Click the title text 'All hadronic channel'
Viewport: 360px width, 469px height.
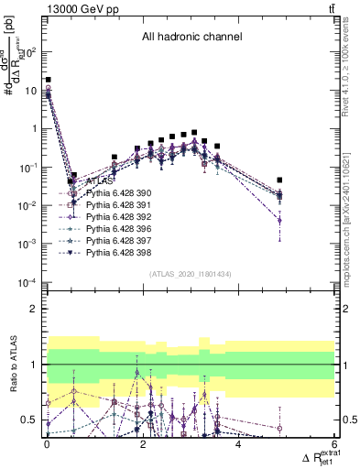pyautogui.click(x=191, y=38)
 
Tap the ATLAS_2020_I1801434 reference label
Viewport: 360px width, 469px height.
pyautogui.click(x=191, y=274)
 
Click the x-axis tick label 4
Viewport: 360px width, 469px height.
pyautogui.click(x=238, y=445)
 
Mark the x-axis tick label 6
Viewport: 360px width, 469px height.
pyautogui.click(x=334, y=445)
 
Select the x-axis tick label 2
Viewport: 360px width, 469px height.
pyautogui.click(x=143, y=445)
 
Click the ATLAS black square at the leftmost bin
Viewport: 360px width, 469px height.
pyautogui.click(x=48, y=81)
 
